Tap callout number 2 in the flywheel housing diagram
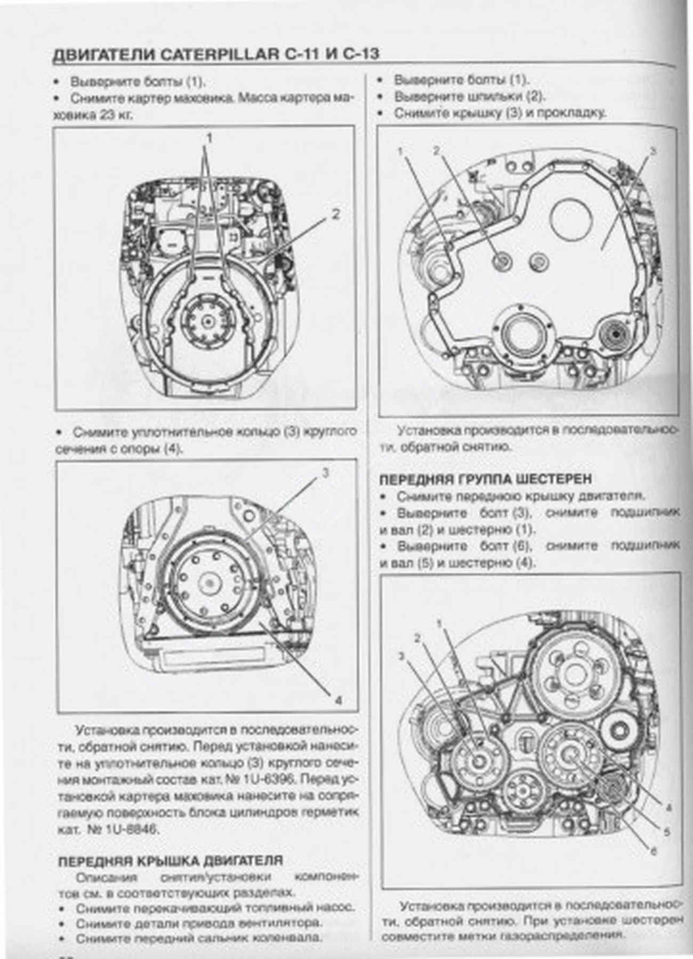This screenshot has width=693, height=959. tap(335, 214)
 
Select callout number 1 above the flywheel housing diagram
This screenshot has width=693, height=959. tap(209, 139)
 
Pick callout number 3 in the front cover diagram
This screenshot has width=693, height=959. tap(654, 151)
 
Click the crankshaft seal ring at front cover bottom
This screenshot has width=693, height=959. tap(520, 335)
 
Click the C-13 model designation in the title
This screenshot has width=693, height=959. tap(361, 55)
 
